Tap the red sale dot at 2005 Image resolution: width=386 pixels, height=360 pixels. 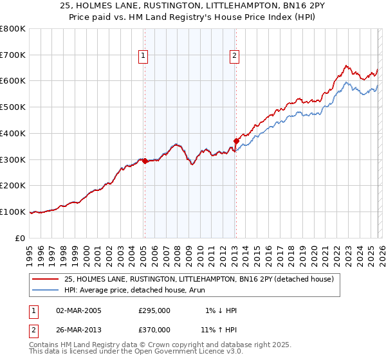(x=145, y=161)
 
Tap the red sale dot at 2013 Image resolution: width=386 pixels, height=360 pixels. (x=236, y=141)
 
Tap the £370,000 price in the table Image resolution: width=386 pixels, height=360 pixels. (x=154, y=329)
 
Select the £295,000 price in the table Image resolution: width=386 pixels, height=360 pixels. (x=154, y=310)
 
